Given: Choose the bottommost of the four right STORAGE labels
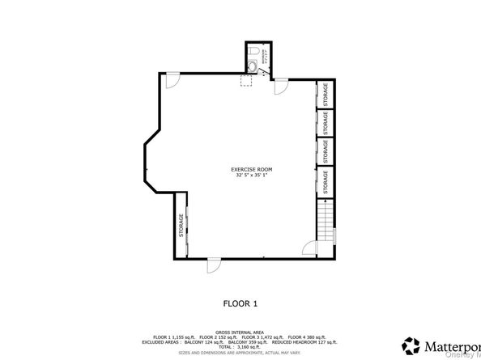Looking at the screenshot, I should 326,180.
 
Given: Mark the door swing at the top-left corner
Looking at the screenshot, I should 172,81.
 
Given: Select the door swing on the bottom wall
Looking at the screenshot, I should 212,265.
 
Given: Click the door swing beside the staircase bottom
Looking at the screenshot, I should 309,250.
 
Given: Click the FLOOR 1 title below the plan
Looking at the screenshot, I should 240,304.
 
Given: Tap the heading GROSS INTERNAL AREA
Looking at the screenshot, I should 240,331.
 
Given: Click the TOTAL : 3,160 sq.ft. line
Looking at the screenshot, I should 240,345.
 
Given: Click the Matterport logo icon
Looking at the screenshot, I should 411,343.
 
